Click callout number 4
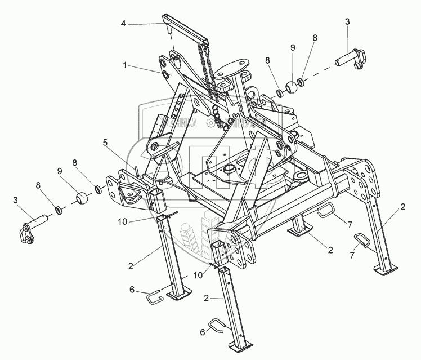tap(123, 24)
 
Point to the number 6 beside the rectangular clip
tap(132, 289)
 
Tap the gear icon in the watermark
tap(213, 122)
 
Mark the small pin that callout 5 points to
tap(136, 168)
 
